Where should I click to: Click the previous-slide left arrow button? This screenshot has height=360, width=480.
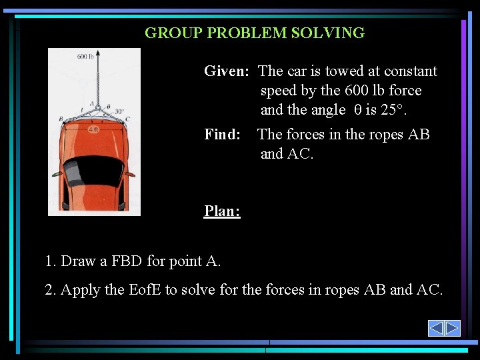click(x=436, y=328)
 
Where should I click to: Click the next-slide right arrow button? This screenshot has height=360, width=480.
click(x=453, y=328)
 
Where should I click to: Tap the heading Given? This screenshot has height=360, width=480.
click(x=227, y=71)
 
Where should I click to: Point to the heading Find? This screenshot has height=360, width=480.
click(x=222, y=135)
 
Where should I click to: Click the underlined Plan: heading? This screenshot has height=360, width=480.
click(x=222, y=211)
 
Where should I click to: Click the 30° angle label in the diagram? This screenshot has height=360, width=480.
click(x=119, y=111)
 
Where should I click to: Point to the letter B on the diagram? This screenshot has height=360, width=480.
click(x=61, y=119)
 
